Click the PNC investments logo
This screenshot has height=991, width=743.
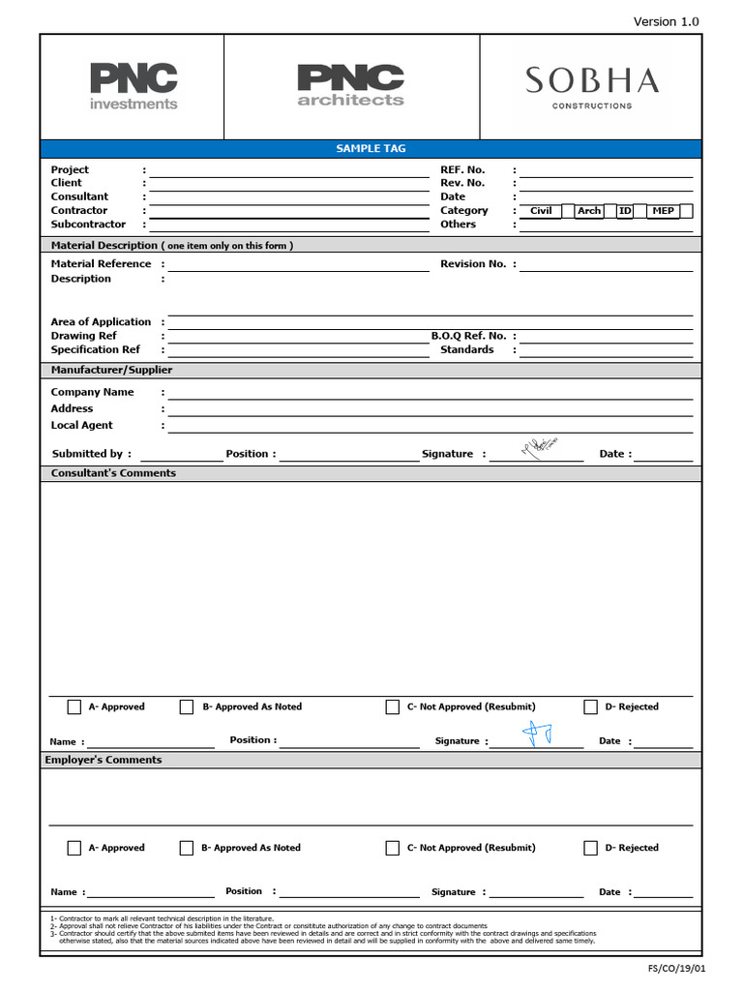(134, 86)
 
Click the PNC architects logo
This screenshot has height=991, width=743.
(350, 85)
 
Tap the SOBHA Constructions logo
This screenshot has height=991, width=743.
(592, 86)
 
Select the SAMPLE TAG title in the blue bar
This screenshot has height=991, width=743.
(371, 148)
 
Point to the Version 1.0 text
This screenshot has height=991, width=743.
(666, 21)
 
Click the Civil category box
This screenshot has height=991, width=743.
(541, 211)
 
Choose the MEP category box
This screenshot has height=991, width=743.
(663, 211)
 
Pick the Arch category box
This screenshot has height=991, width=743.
(588, 211)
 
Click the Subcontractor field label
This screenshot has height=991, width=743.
(88, 225)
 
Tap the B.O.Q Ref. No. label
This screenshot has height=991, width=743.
(468, 336)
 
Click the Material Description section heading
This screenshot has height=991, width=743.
(171, 246)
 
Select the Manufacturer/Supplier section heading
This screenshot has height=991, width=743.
(111, 370)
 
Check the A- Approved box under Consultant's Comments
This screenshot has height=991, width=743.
(74, 706)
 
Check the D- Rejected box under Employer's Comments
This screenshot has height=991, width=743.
(590, 848)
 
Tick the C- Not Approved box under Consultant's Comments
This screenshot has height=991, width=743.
(392, 706)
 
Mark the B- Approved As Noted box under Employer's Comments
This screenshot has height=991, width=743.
(187, 848)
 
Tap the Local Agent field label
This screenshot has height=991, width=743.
(81, 425)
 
